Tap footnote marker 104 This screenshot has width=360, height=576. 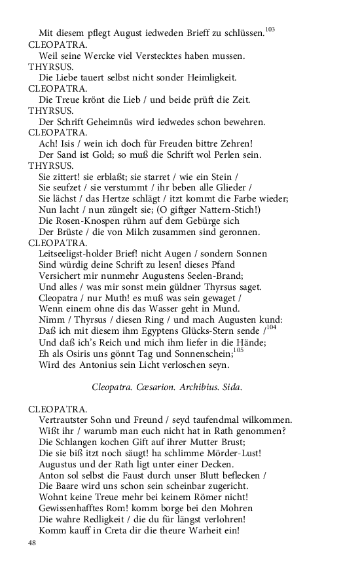click(271, 327)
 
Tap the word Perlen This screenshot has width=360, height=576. click(204, 154)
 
